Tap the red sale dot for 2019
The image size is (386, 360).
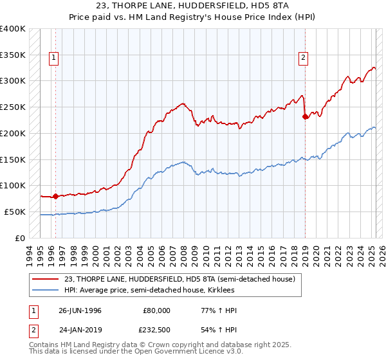[305, 116]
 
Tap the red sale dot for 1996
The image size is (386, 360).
[55, 196]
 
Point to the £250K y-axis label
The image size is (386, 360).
[12, 107]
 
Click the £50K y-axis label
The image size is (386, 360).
[14, 212]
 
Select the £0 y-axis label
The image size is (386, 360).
[20, 238]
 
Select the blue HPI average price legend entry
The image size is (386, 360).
[149, 291]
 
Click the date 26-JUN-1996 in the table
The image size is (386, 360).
[80, 310]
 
